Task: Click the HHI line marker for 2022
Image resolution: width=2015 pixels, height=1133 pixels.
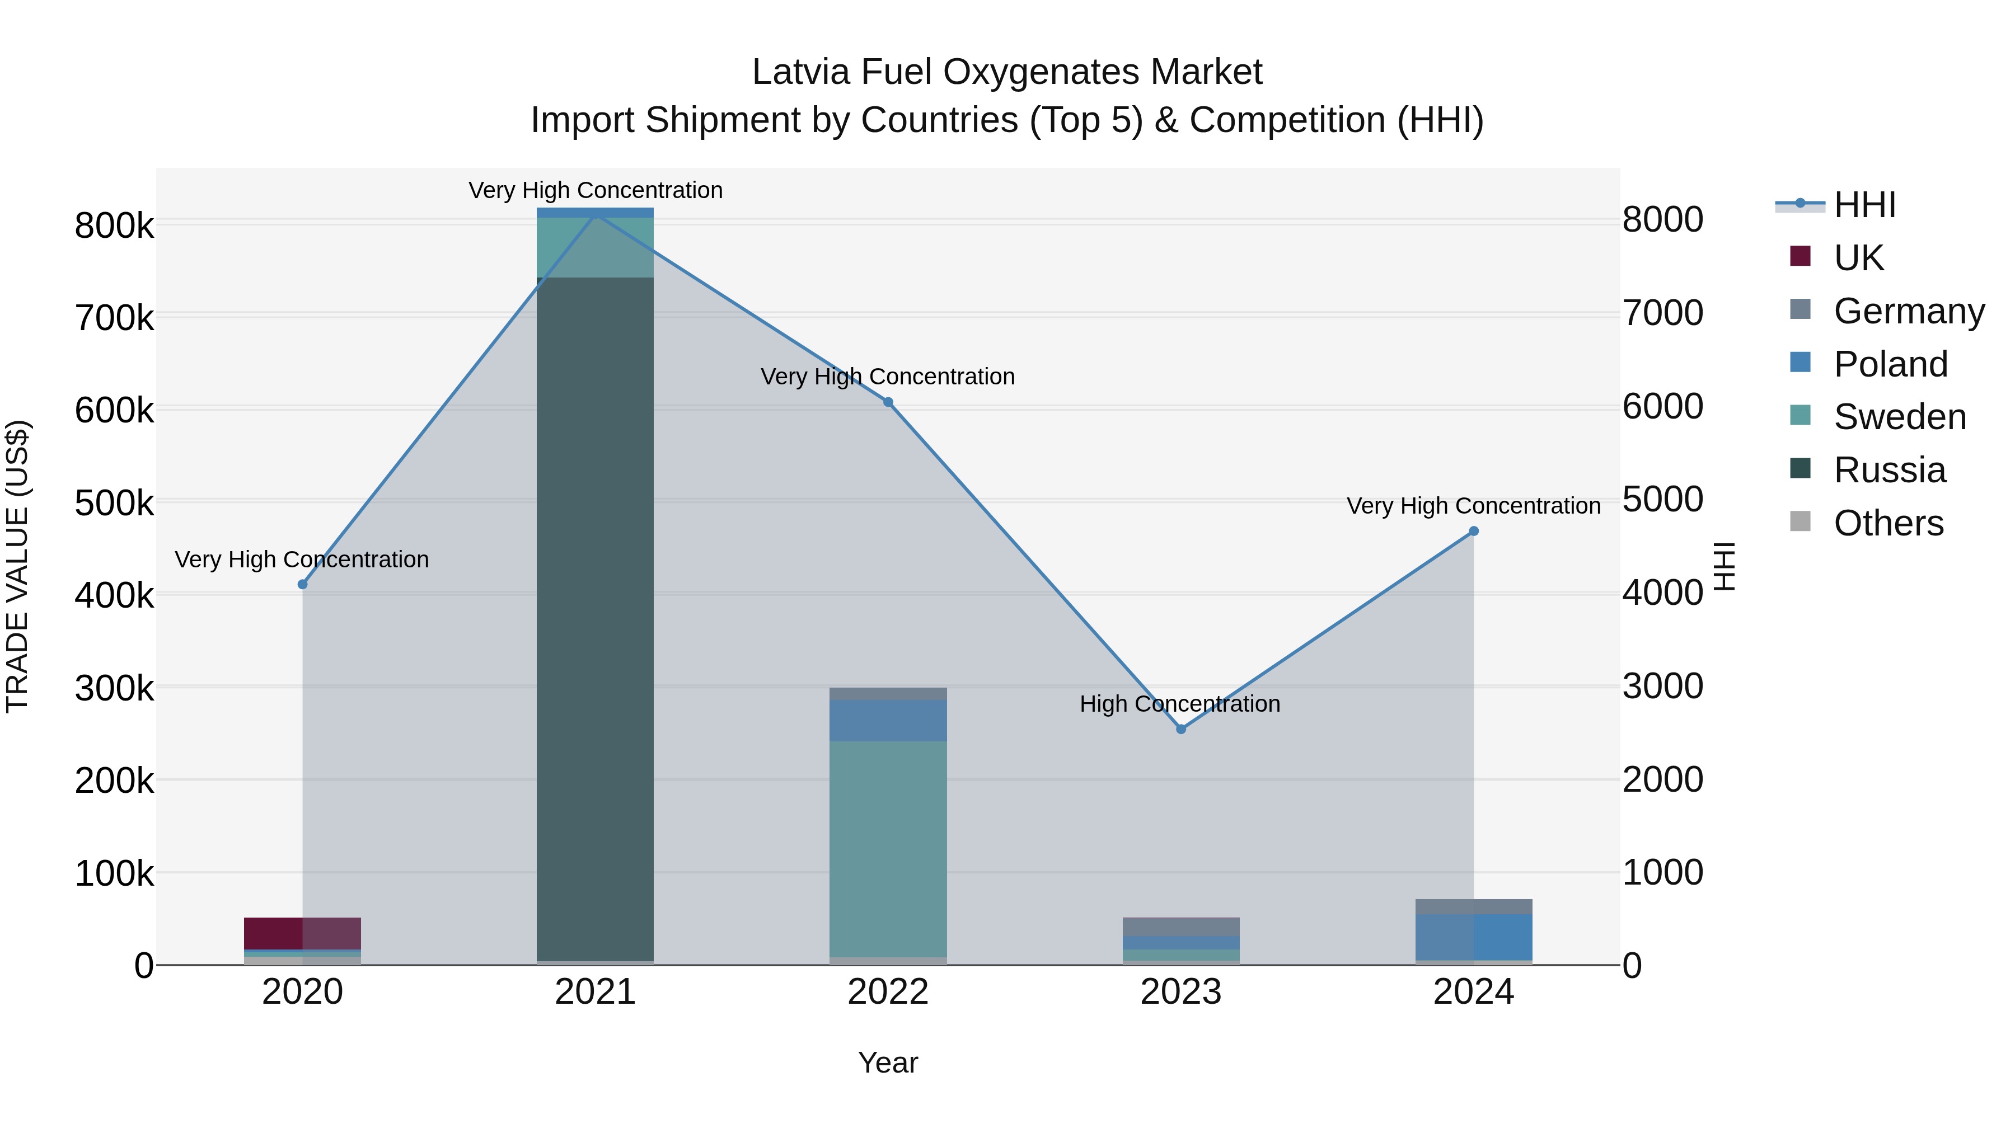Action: click(x=888, y=402)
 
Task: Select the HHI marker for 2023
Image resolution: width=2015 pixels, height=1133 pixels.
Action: click(x=1181, y=728)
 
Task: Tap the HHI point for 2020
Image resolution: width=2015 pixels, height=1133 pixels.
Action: click(x=303, y=584)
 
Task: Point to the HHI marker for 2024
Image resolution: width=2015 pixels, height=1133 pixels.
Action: click(x=1474, y=531)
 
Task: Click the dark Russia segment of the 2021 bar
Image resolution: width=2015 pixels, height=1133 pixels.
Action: click(x=596, y=618)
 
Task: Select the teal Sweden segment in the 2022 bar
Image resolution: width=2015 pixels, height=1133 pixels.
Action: click(x=888, y=848)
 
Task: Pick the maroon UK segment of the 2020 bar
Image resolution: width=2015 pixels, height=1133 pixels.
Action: click(x=274, y=933)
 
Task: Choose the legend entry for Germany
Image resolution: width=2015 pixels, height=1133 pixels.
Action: click(x=1909, y=311)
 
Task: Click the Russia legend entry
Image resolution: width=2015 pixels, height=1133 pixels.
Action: click(x=1889, y=470)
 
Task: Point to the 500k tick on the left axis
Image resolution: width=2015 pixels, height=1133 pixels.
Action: click(x=114, y=503)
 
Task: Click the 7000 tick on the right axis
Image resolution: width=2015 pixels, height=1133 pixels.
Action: click(x=1662, y=313)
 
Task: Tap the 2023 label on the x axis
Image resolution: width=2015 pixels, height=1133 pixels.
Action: click(x=1180, y=992)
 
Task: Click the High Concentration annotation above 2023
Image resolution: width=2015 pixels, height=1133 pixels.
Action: click(x=1179, y=704)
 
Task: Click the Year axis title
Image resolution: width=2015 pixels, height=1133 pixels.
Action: click(x=888, y=1063)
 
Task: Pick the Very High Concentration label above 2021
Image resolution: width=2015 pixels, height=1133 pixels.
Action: click(x=596, y=190)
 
